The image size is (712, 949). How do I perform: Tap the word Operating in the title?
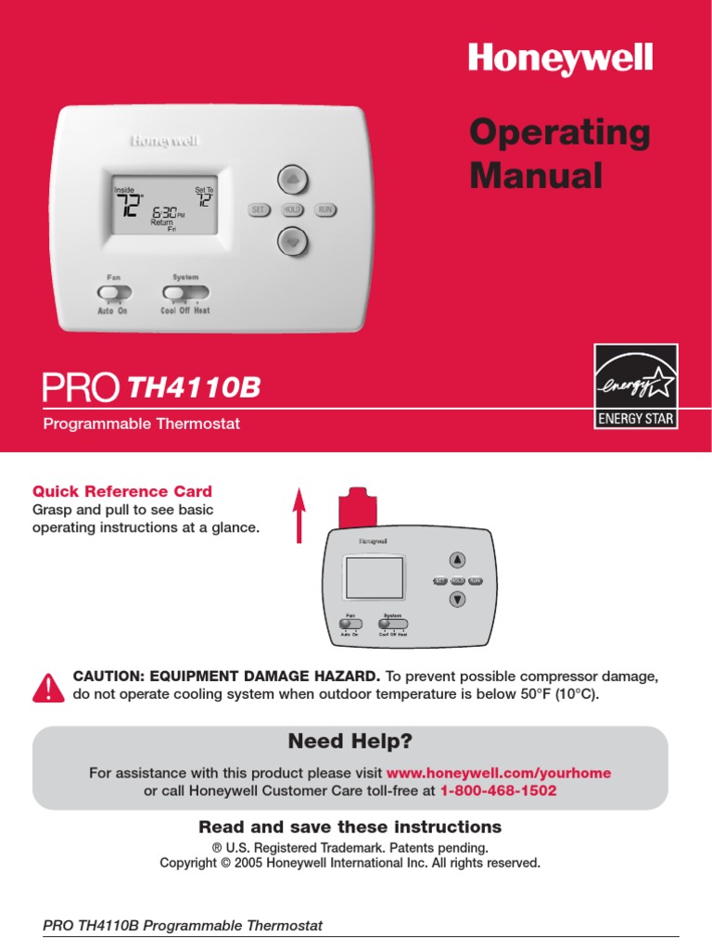coord(559,133)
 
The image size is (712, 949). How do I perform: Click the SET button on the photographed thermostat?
coord(259,210)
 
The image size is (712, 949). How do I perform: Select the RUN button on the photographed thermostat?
coord(324,210)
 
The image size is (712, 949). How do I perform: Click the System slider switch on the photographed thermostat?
coord(178,293)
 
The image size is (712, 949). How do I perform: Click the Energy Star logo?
coord(635,386)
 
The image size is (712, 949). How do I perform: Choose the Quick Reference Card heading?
coord(122,491)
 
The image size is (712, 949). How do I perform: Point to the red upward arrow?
coord(299,515)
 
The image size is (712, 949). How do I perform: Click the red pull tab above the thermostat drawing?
coord(357,508)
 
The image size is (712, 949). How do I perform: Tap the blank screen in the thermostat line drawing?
coord(375,578)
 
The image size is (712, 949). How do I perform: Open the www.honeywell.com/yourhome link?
coord(498,773)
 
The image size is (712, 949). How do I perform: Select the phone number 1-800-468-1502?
coord(499,791)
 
